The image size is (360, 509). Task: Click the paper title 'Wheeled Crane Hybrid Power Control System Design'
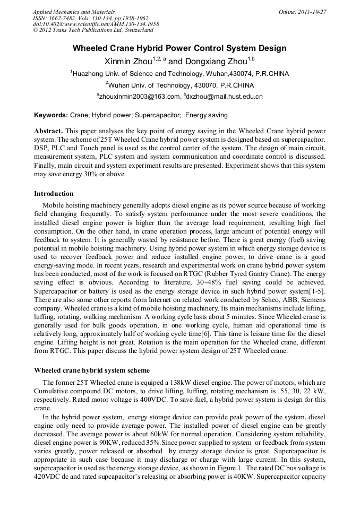(179, 48)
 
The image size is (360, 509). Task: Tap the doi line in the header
(96, 24)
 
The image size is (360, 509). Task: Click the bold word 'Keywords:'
(51, 115)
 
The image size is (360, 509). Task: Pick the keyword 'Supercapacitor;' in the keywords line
(157, 115)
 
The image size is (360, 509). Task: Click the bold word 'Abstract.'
(49, 131)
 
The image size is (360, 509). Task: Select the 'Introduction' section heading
(54, 194)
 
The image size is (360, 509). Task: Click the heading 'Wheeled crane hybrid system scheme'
(91, 370)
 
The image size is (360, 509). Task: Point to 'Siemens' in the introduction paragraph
(310, 300)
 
